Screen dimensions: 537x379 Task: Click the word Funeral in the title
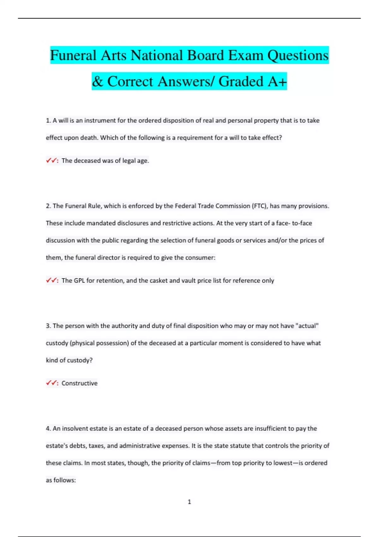[x=73, y=56]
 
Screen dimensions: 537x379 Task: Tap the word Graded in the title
[x=241, y=81]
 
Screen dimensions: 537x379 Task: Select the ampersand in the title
[x=98, y=81]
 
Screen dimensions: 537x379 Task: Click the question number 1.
[x=48, y=121]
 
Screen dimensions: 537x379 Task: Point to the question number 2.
[x=48, y=206]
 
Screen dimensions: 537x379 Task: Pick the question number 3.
[x=48, y=326]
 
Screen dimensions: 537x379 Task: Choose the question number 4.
[x=48, y=429]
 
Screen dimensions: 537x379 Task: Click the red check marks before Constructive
[x=51, y=383]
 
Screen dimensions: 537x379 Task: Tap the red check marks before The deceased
[x=51, y=160]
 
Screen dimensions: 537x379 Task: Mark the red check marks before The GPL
[x=51, y=281]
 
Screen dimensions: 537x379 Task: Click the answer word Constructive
[x=80, y=383]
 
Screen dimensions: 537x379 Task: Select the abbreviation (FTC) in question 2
[x=259, y=206]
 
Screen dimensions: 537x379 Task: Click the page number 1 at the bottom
[x=189, y=502]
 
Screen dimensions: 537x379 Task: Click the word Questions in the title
[x=298, y=56]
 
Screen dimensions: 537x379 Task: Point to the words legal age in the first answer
[x=135, y=160]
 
